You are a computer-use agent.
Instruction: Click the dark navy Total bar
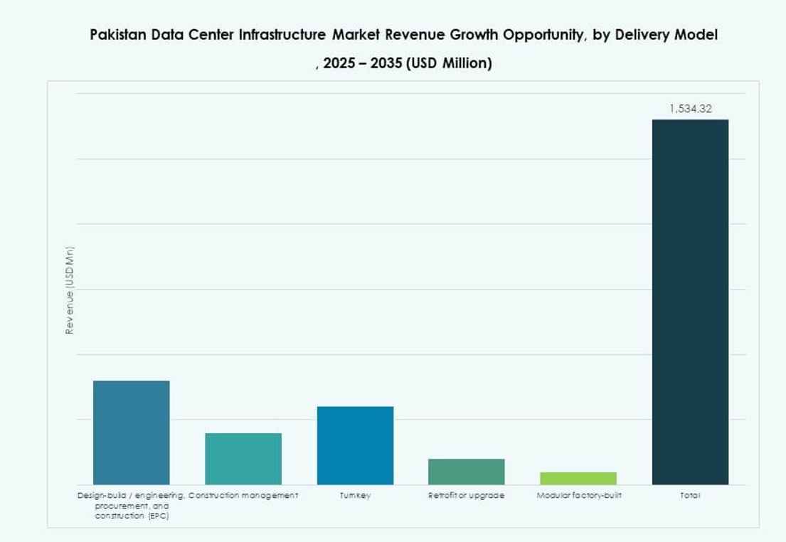point(690,302)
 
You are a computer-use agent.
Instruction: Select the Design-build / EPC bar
point(132,432)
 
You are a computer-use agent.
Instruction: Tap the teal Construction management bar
point(243,459)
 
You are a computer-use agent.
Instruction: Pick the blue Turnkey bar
point(355,445)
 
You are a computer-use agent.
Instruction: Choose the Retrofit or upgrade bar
point(467,472)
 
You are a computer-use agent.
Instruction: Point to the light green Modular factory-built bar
point(578,478)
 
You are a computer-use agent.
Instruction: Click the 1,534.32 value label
point(690,109)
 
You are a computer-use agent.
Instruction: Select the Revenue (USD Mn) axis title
point(70,290)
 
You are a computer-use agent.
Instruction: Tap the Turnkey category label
point(355,495)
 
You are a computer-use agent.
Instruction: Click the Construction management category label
point(243,495)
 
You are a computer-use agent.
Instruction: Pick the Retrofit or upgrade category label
point(467,495)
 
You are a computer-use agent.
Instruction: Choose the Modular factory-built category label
point(578,495)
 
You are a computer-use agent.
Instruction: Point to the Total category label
point(690,495)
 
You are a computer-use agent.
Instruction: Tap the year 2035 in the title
point(385,63)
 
